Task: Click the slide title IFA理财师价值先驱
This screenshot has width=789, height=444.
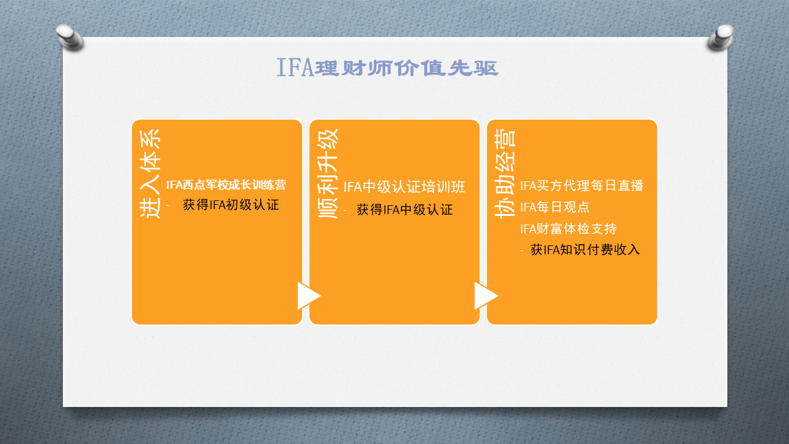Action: click(x=388, y=67)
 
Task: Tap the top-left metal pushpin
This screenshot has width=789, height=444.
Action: click(x=70, y=36)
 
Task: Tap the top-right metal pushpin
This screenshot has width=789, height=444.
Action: click(x=721, y=37)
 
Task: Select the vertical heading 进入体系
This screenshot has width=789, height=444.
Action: click(x=150, y=174)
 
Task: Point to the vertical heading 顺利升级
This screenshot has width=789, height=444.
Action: click(x=328, y=174)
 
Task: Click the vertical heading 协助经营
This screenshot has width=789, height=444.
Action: click(x=505, y=174)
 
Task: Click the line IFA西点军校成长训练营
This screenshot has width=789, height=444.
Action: click(x=226, y=184)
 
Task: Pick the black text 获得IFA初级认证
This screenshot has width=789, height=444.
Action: click(x=231, y=205)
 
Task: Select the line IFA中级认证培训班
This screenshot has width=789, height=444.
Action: click(x=404, y=187)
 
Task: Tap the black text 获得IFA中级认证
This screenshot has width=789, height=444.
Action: click(x=405, y=210)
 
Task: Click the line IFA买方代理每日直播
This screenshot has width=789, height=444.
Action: click(x=582, y=186)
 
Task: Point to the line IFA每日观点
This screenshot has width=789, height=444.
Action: click(x=555, y=207)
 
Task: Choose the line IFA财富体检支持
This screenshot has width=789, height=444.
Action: click(x=568, y=229)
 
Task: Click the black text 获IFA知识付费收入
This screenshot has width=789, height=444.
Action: click(x=585, y=250)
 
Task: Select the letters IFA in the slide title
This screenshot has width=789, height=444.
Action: click(x=295, y=67)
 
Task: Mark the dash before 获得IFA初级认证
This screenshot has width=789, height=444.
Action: click(x=167, y=205)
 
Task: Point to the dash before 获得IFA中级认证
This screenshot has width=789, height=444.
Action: click(x=345, y=210)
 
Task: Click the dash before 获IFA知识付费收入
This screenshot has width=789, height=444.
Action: click(x=521, y=250)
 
